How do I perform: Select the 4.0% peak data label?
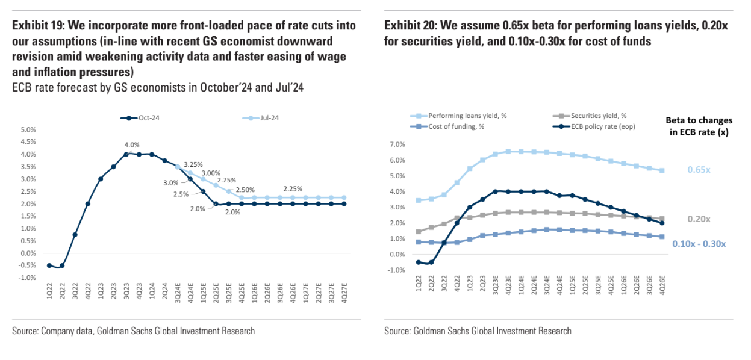[132, 144]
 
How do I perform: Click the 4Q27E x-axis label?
[344, 294]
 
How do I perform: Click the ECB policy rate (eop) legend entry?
[602, 126]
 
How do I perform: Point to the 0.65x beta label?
[699, 170]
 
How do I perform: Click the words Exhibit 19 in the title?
[36, 25]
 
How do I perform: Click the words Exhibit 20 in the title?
[410, 25]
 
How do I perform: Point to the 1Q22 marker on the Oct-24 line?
[49, 265]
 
